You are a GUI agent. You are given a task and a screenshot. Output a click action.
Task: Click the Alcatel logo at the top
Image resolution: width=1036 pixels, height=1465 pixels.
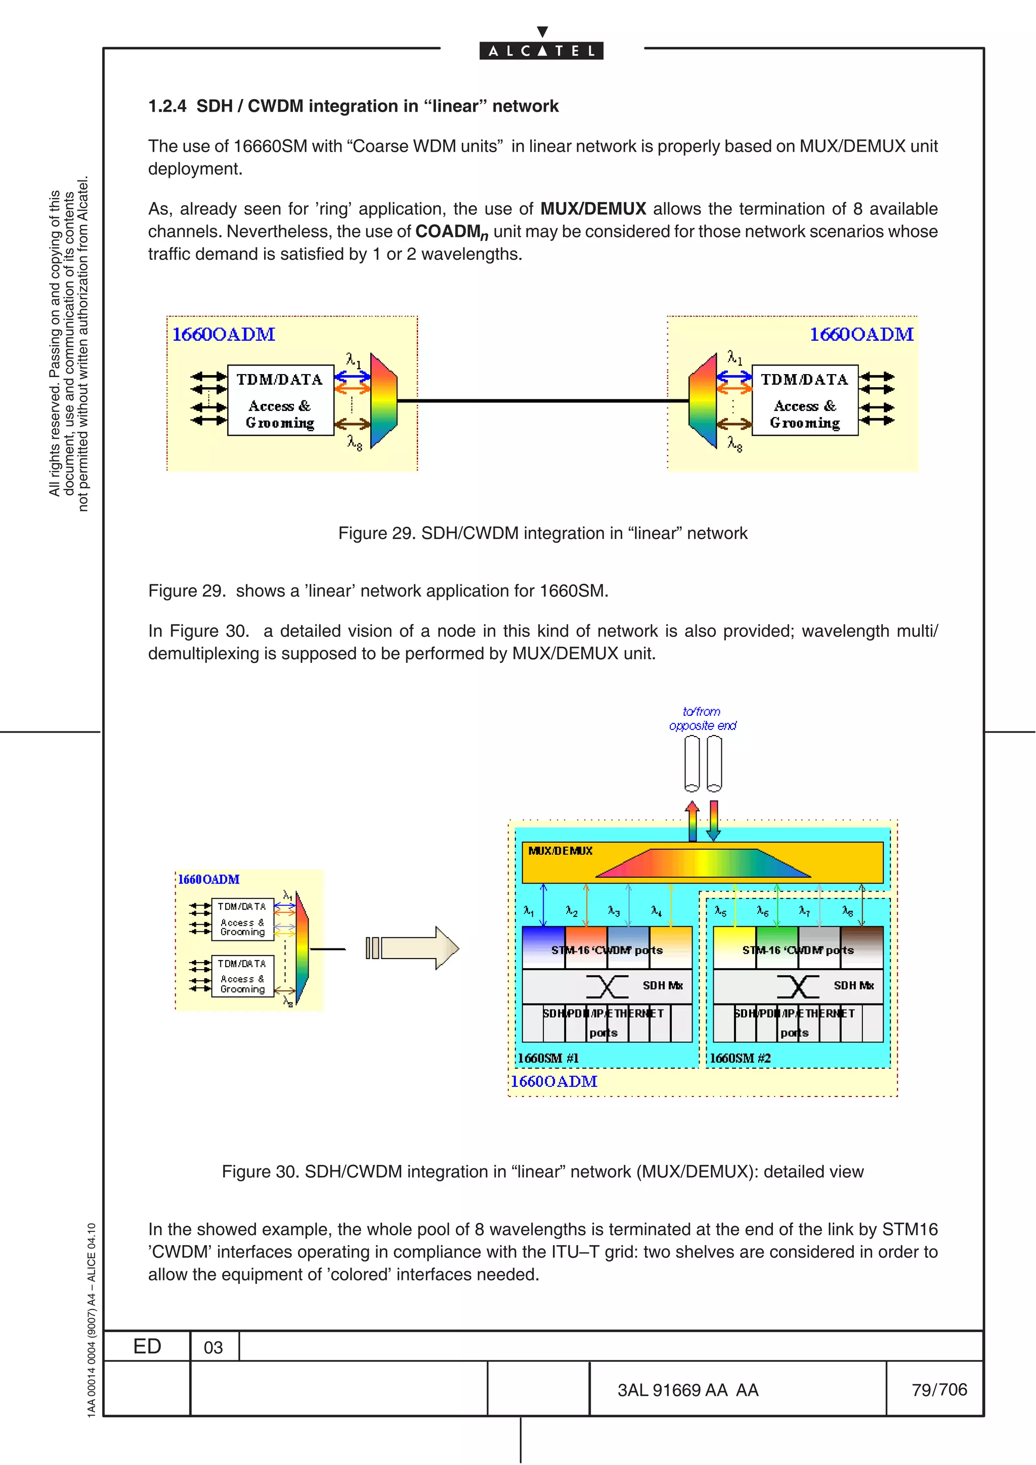541,50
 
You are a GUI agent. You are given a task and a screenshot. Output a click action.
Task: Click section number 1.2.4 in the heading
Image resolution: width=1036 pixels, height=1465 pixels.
167,106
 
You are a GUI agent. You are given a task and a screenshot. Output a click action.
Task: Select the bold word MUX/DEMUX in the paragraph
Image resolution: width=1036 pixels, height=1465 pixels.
593,209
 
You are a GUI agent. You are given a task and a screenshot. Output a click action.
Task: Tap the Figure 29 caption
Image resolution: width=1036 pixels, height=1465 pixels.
543,533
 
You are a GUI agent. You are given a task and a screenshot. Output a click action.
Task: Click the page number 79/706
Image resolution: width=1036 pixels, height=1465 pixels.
939,1389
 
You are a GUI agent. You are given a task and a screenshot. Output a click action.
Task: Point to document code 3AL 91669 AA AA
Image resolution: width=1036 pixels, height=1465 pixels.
687,1390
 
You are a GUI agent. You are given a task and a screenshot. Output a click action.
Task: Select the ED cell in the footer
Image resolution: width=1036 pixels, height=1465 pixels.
147,1346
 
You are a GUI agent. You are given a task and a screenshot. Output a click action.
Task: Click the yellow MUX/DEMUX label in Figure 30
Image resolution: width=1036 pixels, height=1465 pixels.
560,851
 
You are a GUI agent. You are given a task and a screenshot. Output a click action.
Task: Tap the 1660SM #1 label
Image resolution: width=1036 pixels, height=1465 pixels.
548,1058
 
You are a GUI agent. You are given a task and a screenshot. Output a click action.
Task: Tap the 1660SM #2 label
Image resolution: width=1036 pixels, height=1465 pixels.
740,1058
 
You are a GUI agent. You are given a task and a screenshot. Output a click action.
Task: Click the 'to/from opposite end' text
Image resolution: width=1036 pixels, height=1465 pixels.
702,718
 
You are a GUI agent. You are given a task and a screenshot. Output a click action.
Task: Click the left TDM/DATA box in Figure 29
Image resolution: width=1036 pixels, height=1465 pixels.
280,400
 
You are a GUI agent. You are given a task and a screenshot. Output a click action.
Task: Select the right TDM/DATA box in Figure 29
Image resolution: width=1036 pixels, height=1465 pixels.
804,400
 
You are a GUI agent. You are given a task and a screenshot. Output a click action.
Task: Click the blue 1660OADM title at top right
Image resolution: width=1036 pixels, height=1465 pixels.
861,334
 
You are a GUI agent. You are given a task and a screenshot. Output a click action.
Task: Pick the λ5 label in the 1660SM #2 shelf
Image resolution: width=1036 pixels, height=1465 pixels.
720,911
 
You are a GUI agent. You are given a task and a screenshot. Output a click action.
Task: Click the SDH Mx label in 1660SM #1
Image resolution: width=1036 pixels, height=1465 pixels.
663,985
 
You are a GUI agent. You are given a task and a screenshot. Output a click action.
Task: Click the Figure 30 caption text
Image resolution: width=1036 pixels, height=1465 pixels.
543,1171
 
